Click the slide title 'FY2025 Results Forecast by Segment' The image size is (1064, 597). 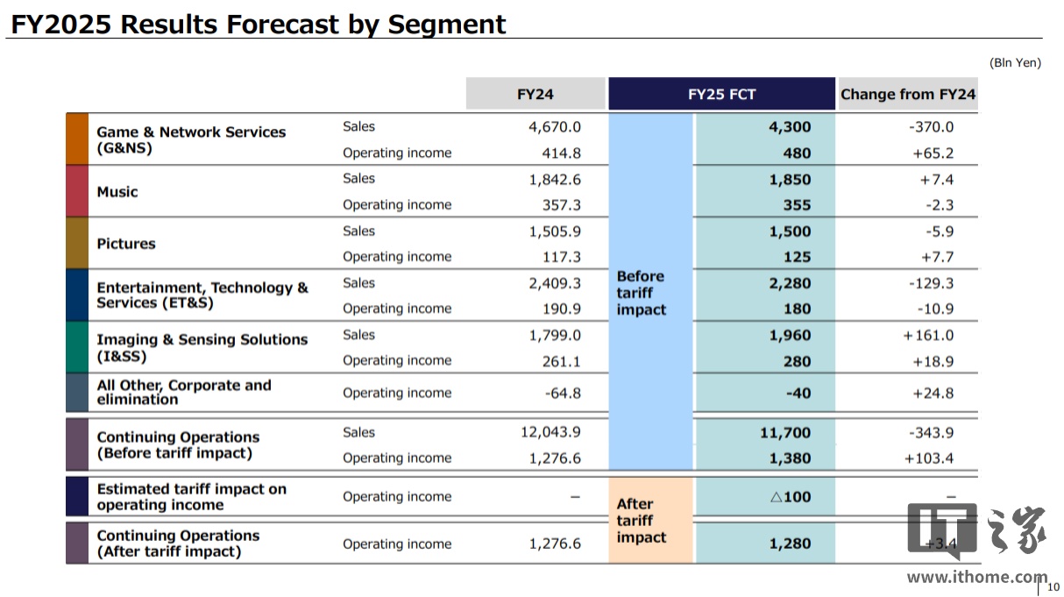258,24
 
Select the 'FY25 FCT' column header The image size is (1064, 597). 721,95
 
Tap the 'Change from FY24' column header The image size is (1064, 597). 907,95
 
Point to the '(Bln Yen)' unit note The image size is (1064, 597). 1015,63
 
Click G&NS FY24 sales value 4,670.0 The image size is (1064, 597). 555,127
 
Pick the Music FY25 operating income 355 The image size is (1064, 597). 797,205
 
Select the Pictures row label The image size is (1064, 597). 126,244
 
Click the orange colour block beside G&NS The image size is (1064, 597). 77,139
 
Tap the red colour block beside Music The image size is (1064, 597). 77,191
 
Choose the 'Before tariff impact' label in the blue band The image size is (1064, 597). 641,293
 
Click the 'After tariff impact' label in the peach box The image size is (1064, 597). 641,520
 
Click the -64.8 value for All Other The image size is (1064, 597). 563,393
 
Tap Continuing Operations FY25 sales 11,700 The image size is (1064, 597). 785,432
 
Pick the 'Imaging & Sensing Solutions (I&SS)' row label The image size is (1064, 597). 202,348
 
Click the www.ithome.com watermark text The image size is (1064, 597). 976,577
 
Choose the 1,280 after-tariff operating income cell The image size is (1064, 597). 790,544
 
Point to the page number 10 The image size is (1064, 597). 1053,586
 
